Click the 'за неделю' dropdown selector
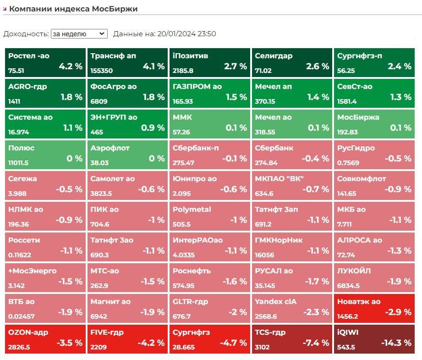[79, 33]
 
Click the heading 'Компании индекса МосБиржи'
[73, 9]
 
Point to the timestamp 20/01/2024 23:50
[186, 33]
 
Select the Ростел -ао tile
[45, 62]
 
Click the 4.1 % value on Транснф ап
[153, 66]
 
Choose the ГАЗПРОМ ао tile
[209, 93]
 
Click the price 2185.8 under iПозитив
[183, 71]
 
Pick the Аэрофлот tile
[127, 154]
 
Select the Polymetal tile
[209, 216]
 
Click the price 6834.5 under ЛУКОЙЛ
[348, 286]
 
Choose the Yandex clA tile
[292, 308]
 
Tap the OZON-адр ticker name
[28, 332]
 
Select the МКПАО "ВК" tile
[292, 185]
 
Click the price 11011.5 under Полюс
[18, 163]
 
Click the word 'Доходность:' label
[26, 33]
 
